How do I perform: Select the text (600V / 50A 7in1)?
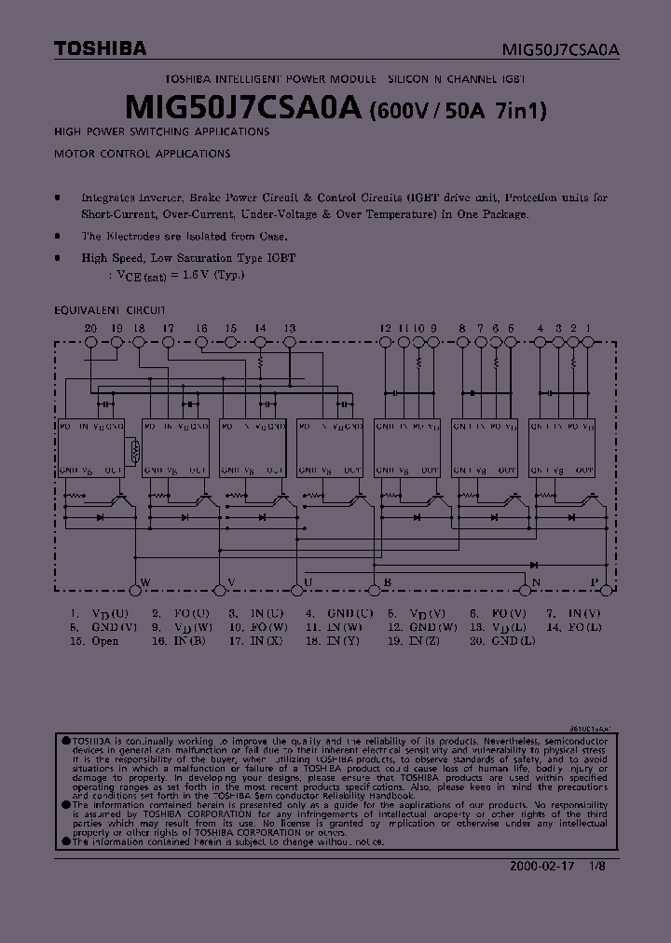[458, 111]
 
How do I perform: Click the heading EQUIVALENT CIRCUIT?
[109, 308]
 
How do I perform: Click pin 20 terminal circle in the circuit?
[90, 343]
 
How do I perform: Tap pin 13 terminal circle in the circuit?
[289, 343]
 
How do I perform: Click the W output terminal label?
[144, 584]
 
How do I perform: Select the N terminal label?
[536, 584]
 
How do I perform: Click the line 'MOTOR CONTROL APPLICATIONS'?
[142, 153]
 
